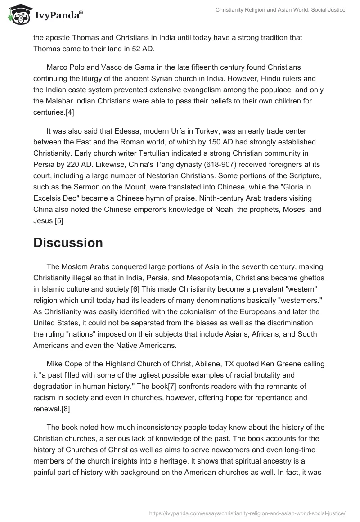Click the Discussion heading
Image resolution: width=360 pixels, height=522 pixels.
(68, 243)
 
